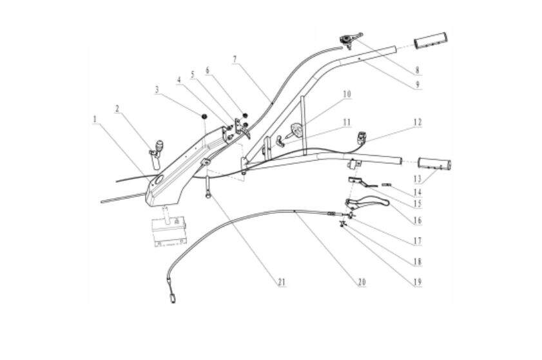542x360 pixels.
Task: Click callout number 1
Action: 94,119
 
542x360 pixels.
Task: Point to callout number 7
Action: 235,59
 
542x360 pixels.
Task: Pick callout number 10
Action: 347,94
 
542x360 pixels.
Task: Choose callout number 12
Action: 418,121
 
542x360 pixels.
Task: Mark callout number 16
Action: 418,220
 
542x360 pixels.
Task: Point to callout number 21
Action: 281,281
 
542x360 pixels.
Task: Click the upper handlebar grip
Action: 432,41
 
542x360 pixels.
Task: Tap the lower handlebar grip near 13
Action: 436,164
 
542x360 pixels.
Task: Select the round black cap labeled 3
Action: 202,116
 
